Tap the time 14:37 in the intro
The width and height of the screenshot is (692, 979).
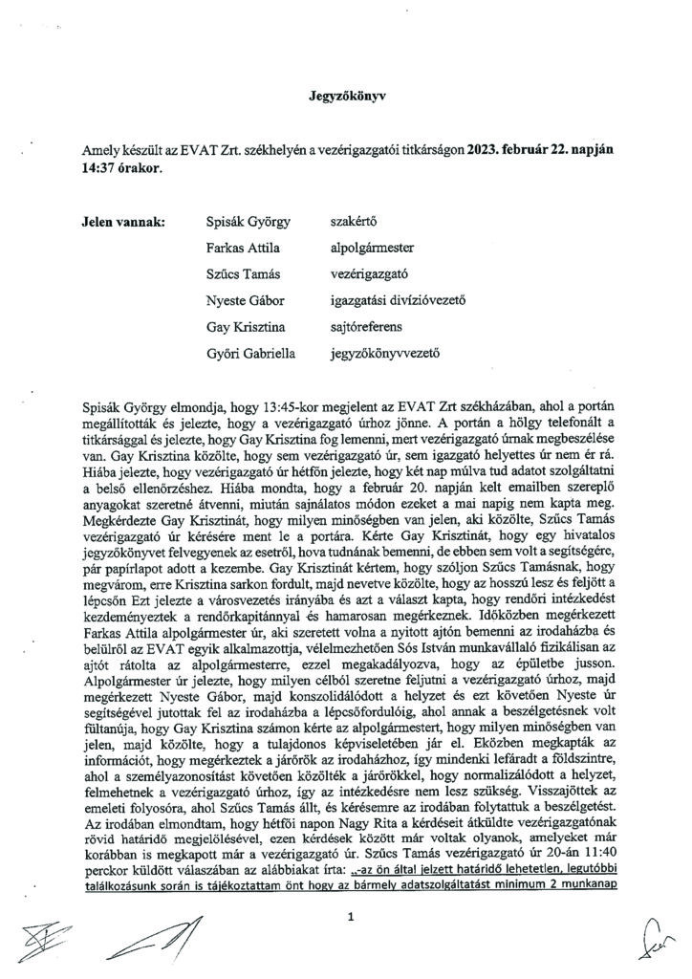coord(100,165)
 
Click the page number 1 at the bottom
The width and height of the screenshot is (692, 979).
coord(352,918)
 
